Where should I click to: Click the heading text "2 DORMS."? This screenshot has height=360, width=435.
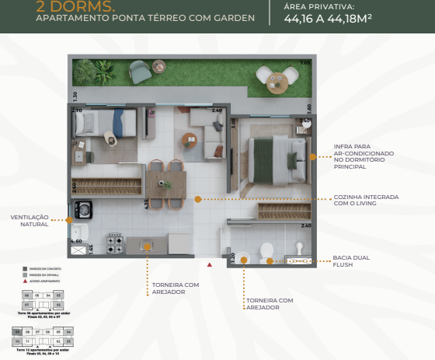[x=67, y=6]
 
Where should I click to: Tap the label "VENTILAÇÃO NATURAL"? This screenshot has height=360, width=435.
[x=29, y=220]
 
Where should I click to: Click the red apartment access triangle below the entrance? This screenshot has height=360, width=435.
[x=209, y=265]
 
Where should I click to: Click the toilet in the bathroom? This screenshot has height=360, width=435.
[x=266, y=251]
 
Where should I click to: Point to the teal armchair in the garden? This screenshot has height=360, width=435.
[x=140, y=71]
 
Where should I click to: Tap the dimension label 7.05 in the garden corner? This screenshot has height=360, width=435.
[x=304, y=62]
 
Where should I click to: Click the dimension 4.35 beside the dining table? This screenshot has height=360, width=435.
[x=145, y=204]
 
